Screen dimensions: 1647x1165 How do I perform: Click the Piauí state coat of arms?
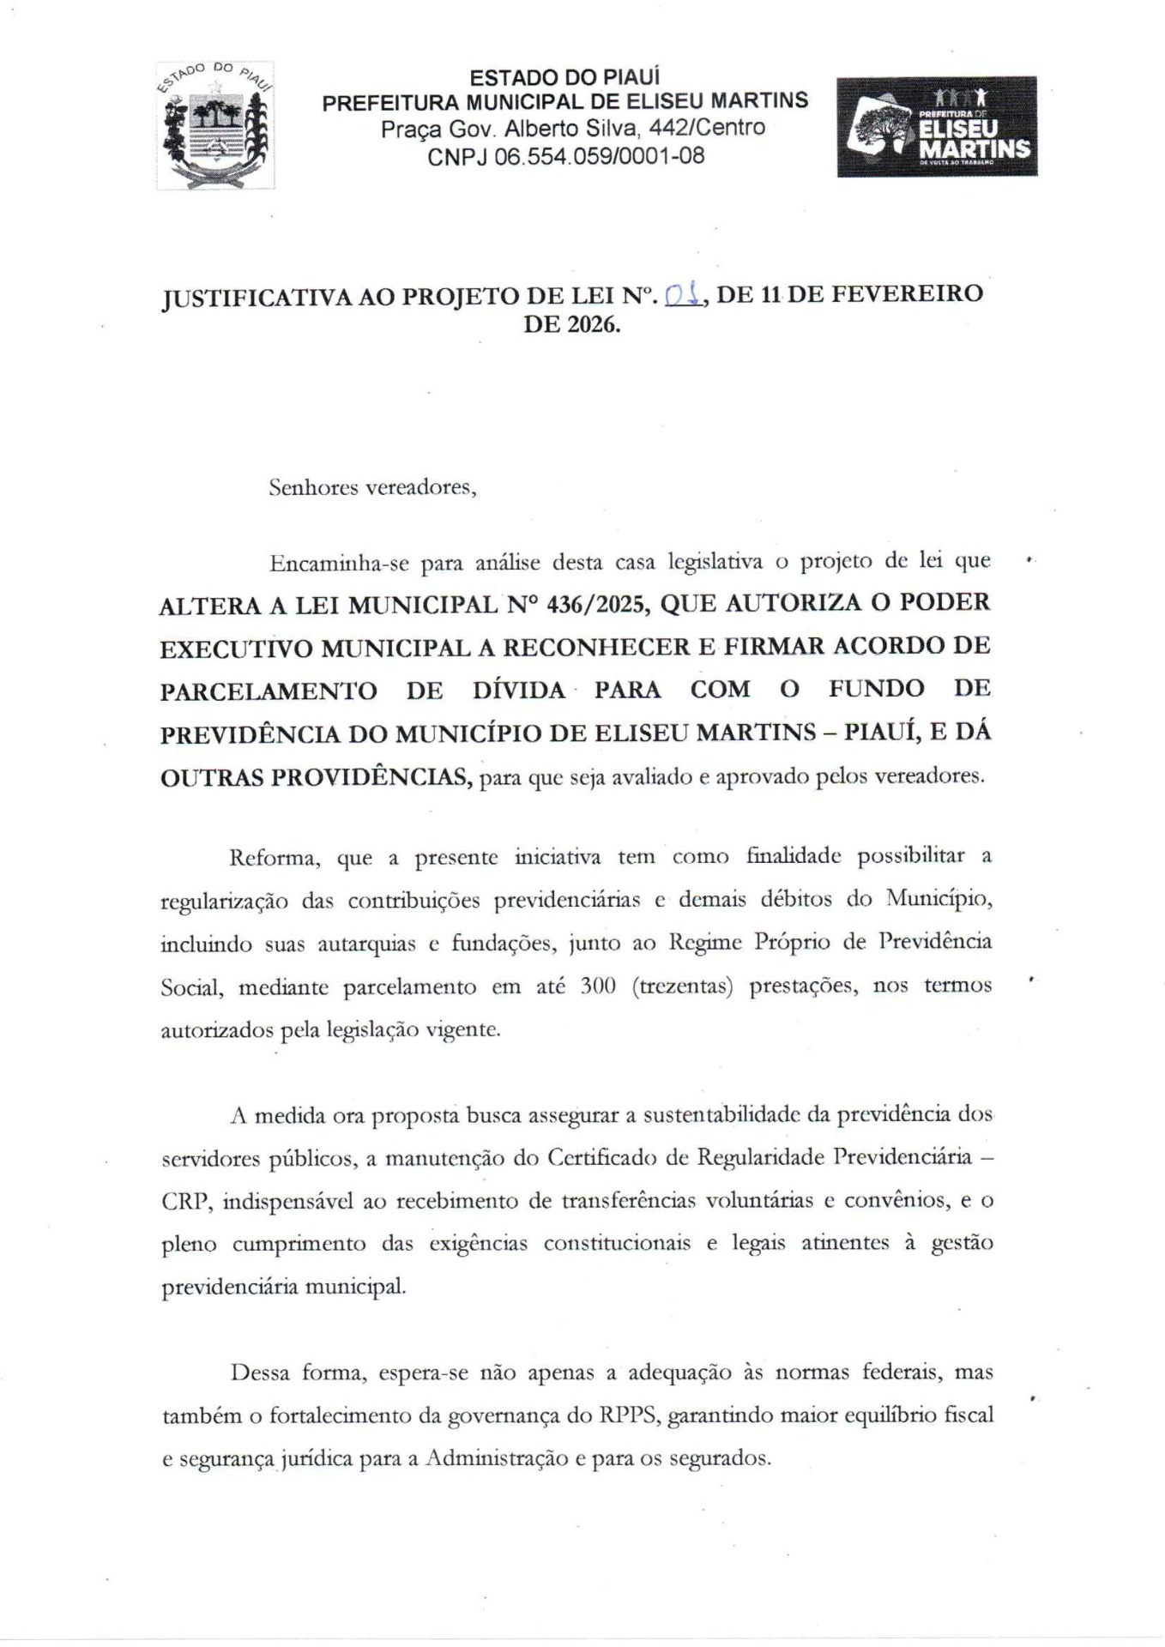click(x=214, y=125)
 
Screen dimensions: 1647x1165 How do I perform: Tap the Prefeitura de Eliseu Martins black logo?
click(x=937, y=126)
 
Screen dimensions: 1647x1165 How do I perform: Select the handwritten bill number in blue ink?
click(x=685, y=295)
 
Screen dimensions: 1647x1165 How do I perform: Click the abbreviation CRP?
click(x=184, y=1201)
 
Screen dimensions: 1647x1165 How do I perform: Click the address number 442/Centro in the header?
click(x=707, y=129)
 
